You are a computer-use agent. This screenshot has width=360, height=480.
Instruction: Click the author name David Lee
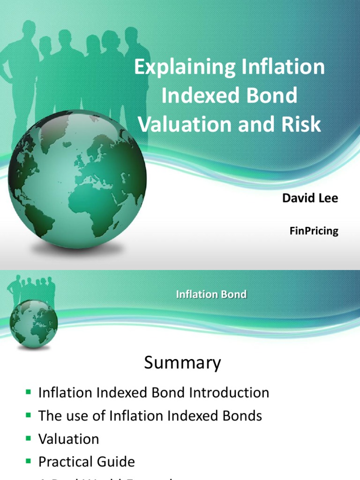[x=310, y=198]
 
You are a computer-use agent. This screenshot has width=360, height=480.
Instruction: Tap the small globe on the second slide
[x=34, y=323]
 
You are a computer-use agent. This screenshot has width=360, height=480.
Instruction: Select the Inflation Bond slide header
[x=211, y=294]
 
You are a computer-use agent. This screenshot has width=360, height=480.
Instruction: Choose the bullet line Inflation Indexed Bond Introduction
[x=154, y=392]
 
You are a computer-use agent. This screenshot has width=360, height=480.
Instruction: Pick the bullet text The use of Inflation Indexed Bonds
[x=150, y=415]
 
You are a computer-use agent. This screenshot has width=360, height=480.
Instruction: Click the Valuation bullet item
[x=69, y=439]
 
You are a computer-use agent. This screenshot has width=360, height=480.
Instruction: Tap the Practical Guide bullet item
[x=87, y=462]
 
